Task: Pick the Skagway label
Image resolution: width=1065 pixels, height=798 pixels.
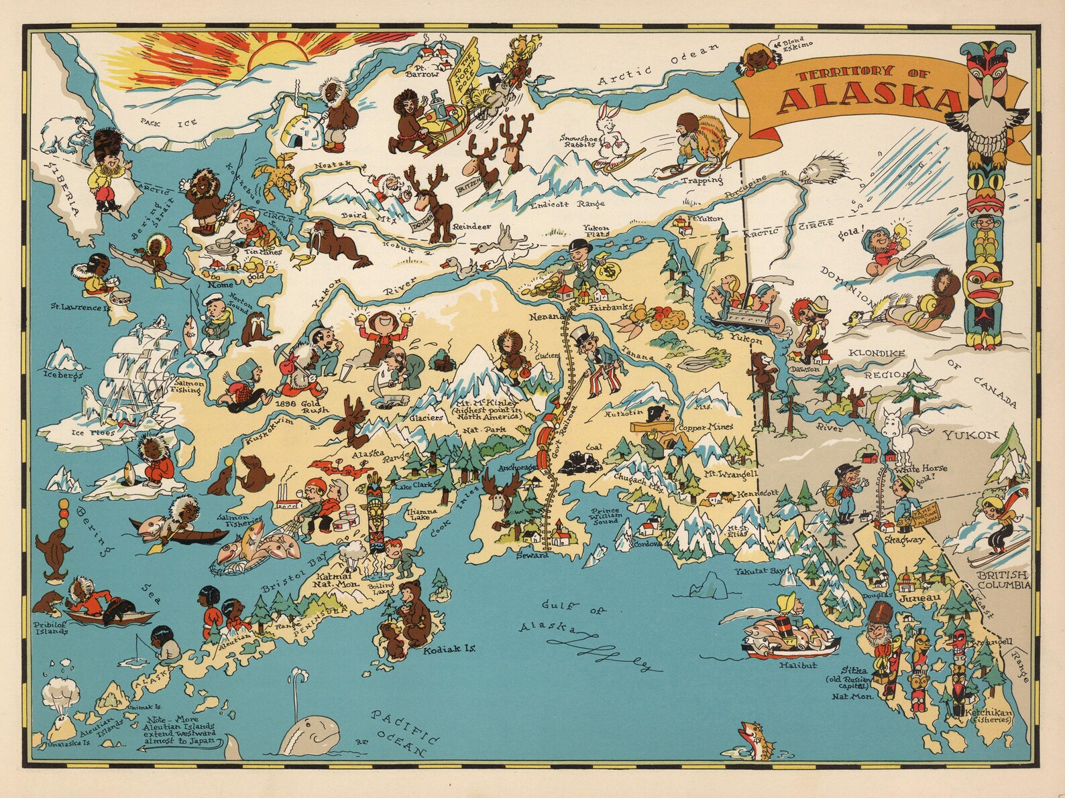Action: click(x=904, y=539)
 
